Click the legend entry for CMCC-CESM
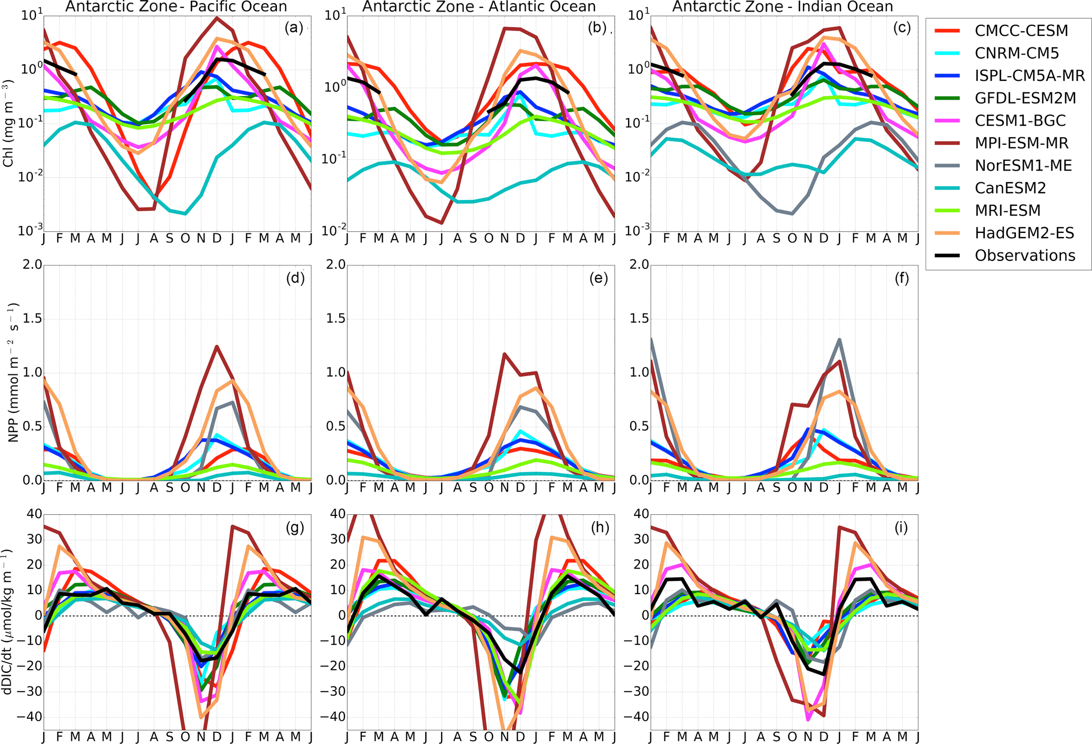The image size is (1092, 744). pos(1021,31)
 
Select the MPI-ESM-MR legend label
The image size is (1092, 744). pos(1021,143)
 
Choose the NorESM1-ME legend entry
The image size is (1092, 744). pos(1023,165)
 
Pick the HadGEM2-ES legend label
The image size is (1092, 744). pos(1024,232)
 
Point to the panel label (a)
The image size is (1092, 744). pos(294,27)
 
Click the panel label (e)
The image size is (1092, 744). pos(598,278)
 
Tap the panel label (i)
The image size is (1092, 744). pos(901,527)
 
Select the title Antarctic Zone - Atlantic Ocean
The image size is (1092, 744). pos(479,7)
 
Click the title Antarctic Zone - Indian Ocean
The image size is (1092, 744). pos(782,7)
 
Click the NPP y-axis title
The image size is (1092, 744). pos(13,372)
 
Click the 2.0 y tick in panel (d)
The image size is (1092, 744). pos(31,264)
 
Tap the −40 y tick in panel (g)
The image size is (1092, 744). pos(28,717)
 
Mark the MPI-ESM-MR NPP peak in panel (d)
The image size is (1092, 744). pos(217,346)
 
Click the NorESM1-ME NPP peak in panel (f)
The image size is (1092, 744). pos(839,340)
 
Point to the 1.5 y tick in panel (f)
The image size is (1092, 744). pos(639,318)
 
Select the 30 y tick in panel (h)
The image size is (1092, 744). pos(337,539)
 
